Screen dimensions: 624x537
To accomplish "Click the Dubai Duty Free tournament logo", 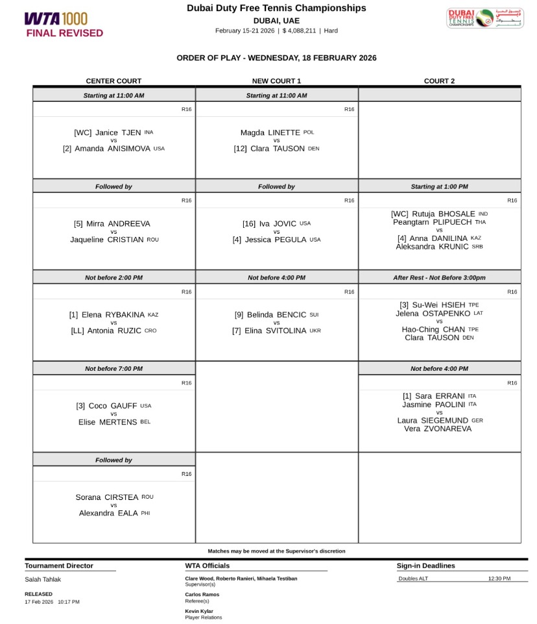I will [x=475, y=18].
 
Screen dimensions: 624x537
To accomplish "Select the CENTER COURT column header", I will [x=113, y=81].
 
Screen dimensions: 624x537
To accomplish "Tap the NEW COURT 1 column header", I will [x=276, y=81].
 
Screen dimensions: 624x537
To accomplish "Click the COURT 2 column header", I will [x=439, y=81].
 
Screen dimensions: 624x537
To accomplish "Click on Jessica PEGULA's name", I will [x=276, y=240].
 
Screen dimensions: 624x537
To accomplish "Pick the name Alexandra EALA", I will [x=109, y=513].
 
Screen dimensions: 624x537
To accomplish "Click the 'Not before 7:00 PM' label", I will [x=113, y=369].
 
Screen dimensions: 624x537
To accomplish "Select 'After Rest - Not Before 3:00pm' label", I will [x=439, y=278].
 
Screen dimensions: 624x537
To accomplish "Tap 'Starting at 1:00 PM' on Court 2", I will [x=439, y=187].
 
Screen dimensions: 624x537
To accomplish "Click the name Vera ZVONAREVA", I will [x=438, y=429].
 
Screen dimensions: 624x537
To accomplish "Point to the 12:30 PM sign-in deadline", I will [x=499, y=579].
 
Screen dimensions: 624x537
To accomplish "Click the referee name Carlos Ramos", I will [x=202, y=595].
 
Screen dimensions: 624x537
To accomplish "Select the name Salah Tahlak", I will [x=43, y=579].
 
